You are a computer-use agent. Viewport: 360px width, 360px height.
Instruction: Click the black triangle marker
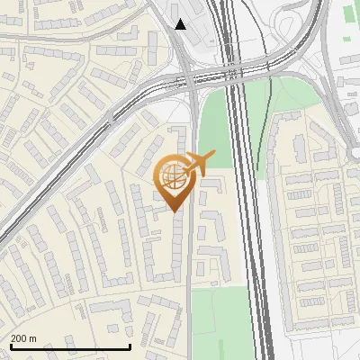coord(181,24)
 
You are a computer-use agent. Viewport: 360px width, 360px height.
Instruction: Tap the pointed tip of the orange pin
coord(173,211)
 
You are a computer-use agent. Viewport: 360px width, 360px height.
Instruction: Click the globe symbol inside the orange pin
coord(171,177)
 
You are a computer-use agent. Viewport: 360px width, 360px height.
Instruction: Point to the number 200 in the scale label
coord(19,338)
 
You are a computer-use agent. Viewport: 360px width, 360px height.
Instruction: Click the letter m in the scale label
coord(33,338)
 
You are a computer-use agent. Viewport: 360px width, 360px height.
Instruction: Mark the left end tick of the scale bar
coord(10,346)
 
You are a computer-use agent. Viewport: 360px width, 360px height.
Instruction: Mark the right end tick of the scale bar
coord(130,346)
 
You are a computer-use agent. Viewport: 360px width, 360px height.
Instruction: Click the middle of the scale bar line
coord(70,347)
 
